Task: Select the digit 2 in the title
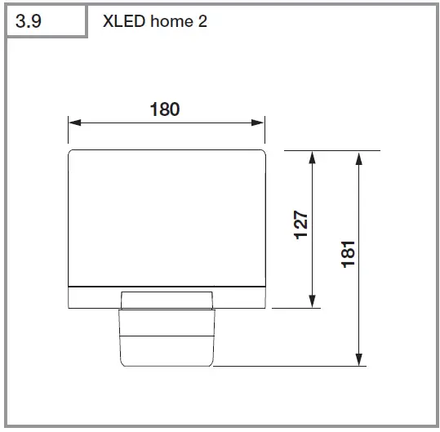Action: [x=202, y=21]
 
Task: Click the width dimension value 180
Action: [x=165, y=109]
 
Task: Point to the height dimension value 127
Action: [x=300, y=226]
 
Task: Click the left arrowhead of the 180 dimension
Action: [x=73, y=122]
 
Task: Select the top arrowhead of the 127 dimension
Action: [x=312, y=157]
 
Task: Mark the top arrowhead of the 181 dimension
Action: [x=359, y=157]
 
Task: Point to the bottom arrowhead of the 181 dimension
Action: [x=359, y=360]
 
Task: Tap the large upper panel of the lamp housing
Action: [x=167, y=216]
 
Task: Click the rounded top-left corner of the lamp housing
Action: [x=71, y=153]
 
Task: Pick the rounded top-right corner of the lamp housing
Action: [x=264, y=153]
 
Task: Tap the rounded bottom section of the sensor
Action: [x=167, y=351]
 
